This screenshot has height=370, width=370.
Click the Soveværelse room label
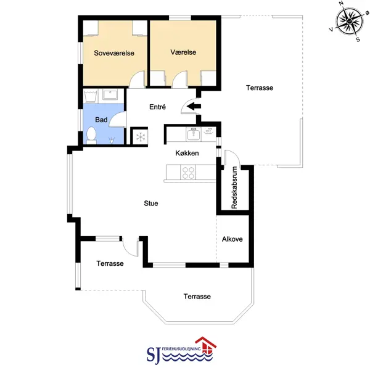coord(114,53)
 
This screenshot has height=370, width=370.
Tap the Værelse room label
coord(183,52)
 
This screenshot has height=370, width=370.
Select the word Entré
coord(157,107)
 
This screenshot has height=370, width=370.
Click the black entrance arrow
coord(194,107)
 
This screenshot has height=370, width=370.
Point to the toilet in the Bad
coord(91,136)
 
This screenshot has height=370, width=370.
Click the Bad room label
coord(101,120)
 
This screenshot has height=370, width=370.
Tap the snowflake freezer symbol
coord(141,137)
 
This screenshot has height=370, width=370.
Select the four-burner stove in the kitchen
coord(188,173)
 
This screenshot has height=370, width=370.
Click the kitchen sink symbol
coord(194,134)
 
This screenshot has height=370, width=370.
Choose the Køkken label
coord(187,153)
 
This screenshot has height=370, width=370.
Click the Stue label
coord(151,203)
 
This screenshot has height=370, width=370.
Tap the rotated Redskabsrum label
coord(234,187)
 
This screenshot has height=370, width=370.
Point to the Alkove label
coord(232,239)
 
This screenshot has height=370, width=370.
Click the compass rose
coord(350,22)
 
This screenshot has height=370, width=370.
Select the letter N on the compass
coord(341,3)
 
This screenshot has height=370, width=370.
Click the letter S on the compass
coord(358,39)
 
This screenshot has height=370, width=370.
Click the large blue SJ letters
coord(154,355)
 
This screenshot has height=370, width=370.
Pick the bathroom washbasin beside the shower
coord(110,95)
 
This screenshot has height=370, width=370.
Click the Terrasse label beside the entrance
coord(260,88)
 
